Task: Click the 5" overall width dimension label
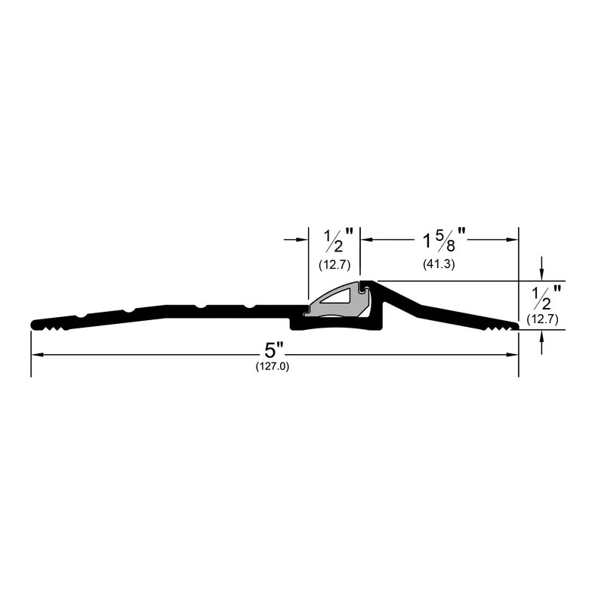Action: [x=273, y=350]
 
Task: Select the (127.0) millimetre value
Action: [x=273, y=366]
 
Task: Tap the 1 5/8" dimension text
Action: [x=444, y=239]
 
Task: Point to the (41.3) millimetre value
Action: [x=439, y=264]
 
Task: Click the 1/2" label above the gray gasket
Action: [x=338, y=240]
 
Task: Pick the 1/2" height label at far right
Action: [x=547, y=297]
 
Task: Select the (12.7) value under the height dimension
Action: [x=542, y=319]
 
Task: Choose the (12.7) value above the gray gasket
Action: [x=334, y=265]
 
